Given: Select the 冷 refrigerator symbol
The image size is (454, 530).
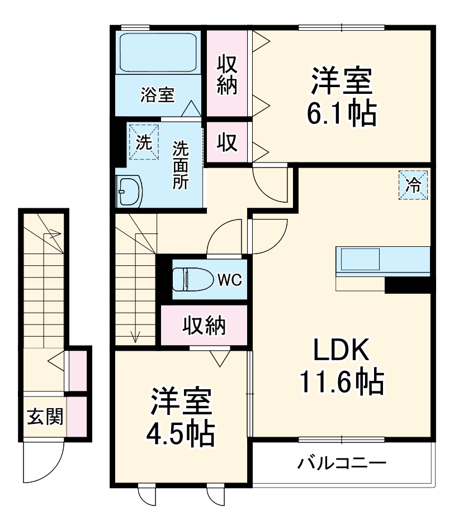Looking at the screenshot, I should point(414,185).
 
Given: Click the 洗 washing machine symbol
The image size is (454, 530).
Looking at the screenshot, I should point(144,142).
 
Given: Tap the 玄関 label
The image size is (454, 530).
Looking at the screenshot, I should point(45,416).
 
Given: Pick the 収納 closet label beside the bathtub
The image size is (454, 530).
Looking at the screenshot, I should point(228,74).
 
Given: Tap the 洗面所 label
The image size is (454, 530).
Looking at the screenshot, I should point(179,166).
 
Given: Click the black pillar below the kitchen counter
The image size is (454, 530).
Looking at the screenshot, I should point(410,284).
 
